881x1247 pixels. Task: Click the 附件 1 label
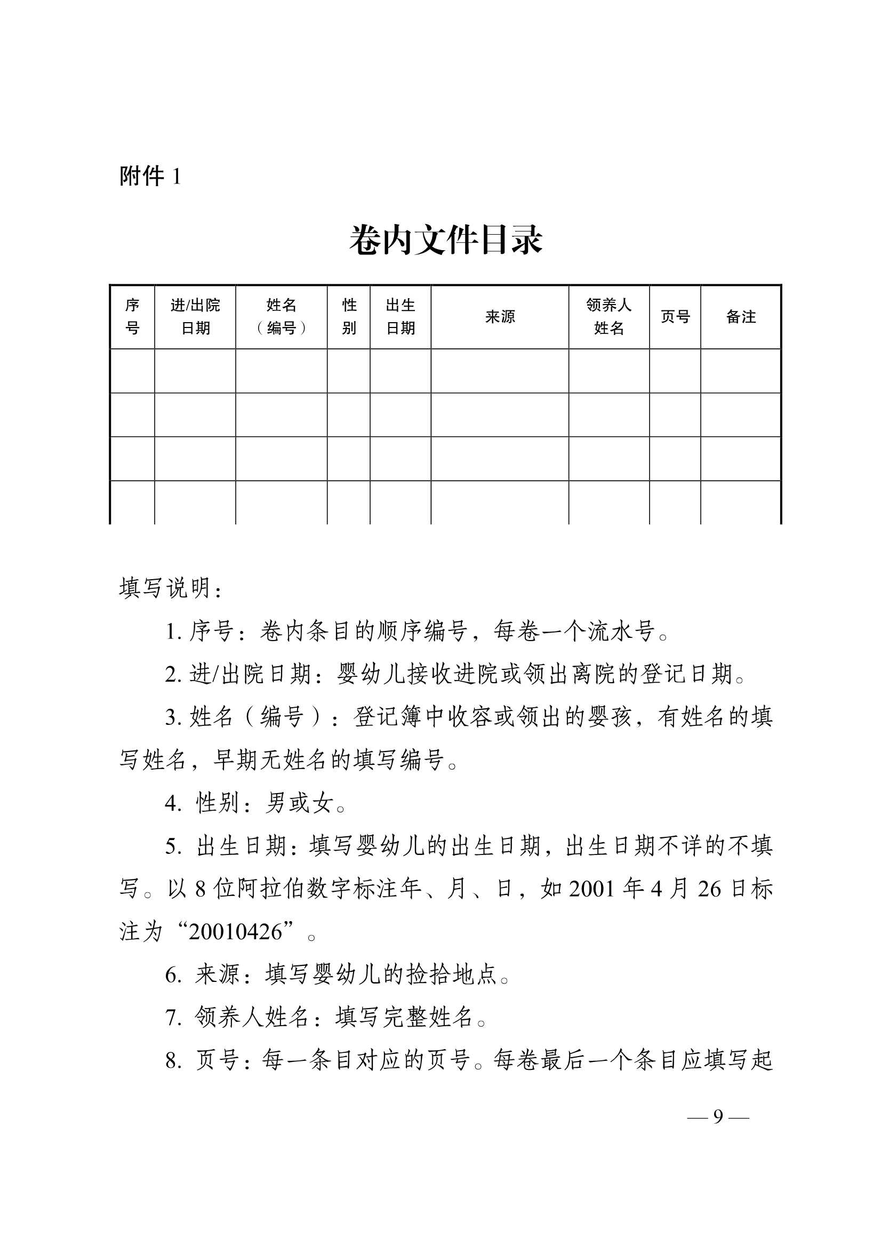(150, 176)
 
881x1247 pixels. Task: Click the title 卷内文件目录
(445, 240)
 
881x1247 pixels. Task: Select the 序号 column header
(132, 317)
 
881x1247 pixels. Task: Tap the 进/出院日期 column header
(195, 317)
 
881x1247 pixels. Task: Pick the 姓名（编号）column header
(282, 317)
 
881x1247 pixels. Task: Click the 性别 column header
(349, 317)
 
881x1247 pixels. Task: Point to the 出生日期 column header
(401, 317)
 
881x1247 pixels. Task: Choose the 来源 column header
(500, 317)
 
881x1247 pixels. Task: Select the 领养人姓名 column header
(609, 317)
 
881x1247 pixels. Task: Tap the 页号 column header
(675, 317)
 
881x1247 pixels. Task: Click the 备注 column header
(741, 317)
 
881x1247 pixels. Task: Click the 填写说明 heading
(170, 588)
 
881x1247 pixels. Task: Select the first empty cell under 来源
(500, 371)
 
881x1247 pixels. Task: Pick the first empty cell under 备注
(741, 371)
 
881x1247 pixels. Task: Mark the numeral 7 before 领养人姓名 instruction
(172, 1017)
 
